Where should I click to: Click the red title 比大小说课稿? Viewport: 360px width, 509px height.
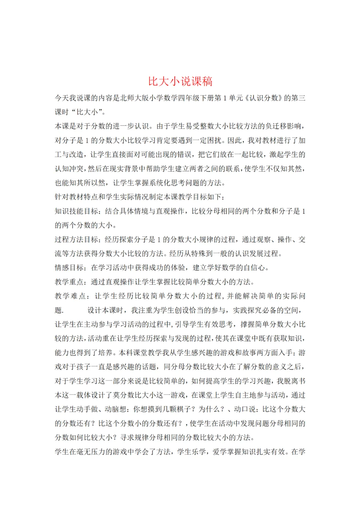[180, 81]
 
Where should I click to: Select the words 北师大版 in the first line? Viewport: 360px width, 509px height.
[134, 98]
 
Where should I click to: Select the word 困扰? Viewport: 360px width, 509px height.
[214, 140]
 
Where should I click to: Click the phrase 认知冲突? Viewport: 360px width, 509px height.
[69, 169]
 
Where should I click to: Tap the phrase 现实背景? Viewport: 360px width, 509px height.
[127, 169]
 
